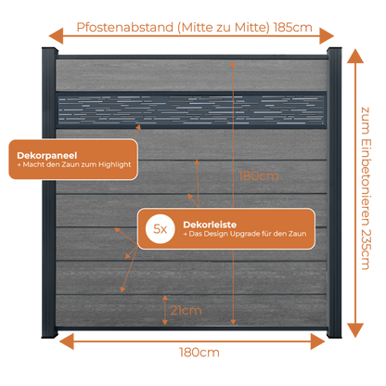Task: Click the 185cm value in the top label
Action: (293, 27)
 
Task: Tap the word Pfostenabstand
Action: (125, 27)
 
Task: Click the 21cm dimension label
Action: (186, 310)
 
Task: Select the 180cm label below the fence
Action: (199, 353)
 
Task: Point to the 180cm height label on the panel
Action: (259, 176)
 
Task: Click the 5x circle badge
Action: (161, 229)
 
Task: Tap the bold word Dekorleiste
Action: (210, 225)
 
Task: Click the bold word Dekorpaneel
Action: (47, 155)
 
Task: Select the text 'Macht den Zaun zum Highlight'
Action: (77, 164)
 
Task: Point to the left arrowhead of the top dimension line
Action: (56, 36)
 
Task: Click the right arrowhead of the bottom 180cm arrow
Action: (317, 341)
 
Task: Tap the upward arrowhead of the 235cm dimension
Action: (355, 57)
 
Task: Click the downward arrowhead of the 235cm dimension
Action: (355, 330)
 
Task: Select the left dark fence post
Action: (49, 192)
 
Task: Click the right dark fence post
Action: (334, 192)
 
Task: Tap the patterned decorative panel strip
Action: (191, 110)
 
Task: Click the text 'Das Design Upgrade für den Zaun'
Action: (248, 234)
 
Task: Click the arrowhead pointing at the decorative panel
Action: (138, 127)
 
